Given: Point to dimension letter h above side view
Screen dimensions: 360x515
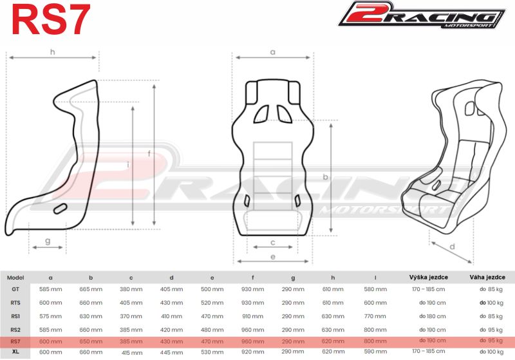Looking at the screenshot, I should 52,52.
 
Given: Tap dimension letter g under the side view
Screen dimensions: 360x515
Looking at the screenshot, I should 48,241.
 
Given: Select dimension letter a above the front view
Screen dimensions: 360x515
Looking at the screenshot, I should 272,52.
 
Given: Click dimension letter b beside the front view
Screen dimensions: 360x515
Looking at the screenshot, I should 326,176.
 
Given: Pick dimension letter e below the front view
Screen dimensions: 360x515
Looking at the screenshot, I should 272,256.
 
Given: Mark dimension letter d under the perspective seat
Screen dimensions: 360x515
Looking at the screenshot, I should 453,247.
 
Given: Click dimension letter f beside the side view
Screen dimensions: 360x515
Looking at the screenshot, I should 149,153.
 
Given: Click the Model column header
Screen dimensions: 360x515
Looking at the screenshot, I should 15,278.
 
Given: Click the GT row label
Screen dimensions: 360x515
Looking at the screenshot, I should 15,289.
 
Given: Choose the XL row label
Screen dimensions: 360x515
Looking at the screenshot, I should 15,352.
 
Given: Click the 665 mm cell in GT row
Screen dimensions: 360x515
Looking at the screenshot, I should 91,289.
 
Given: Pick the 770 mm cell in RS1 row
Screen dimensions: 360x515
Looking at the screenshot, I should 375,316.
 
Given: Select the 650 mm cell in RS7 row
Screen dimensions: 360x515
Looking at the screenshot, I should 91,340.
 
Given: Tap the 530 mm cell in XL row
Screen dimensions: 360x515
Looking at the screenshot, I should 212,352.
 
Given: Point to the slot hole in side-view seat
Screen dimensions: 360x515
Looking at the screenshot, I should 61,208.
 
